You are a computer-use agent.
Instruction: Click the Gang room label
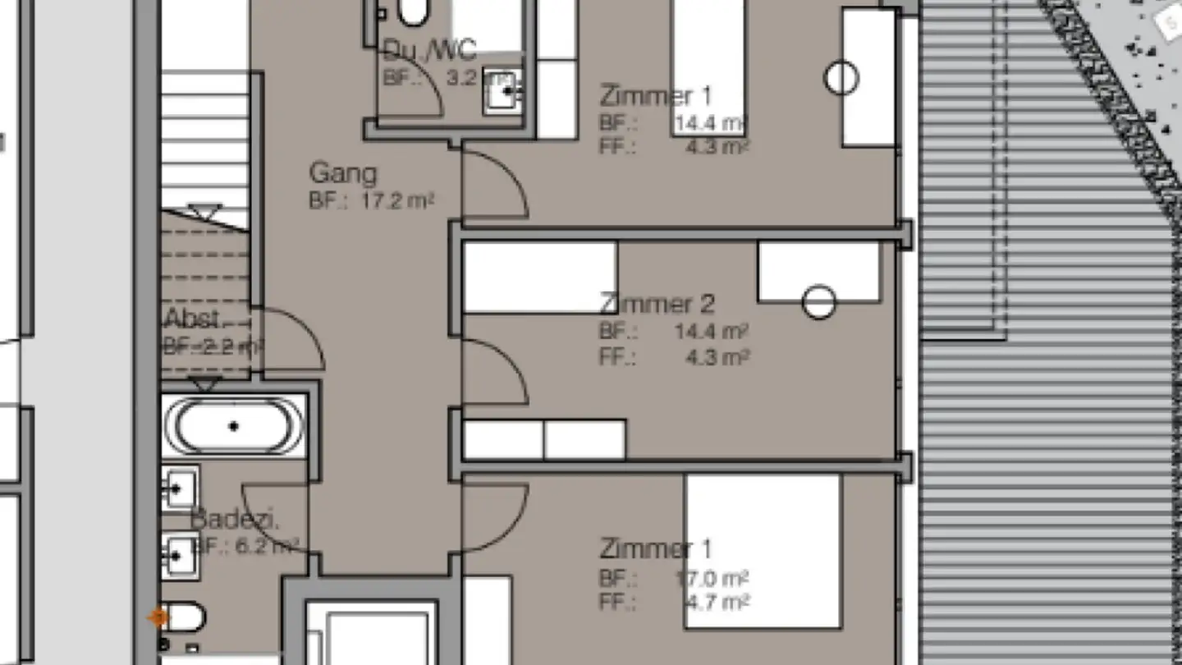(x=343, y=173)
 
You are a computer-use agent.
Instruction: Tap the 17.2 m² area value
(x=396, y=200)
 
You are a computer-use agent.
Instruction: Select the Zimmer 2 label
(x=657, y=304)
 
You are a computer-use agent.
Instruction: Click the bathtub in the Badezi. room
(x=234, y=426)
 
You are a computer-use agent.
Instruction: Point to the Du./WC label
(x=429, y=52)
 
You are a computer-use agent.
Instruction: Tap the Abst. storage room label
(x=192, y=319)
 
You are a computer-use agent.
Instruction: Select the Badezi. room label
(x=224, y=520)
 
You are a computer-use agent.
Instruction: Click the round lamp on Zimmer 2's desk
(x=818, y=302)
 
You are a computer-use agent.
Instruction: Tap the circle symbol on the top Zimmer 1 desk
(x=841, y=79)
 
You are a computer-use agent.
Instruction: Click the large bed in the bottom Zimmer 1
(x=763, y=550)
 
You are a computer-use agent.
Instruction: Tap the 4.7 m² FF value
(x=716, y=603)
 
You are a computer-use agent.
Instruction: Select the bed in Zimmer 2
(x=539, y=277)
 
